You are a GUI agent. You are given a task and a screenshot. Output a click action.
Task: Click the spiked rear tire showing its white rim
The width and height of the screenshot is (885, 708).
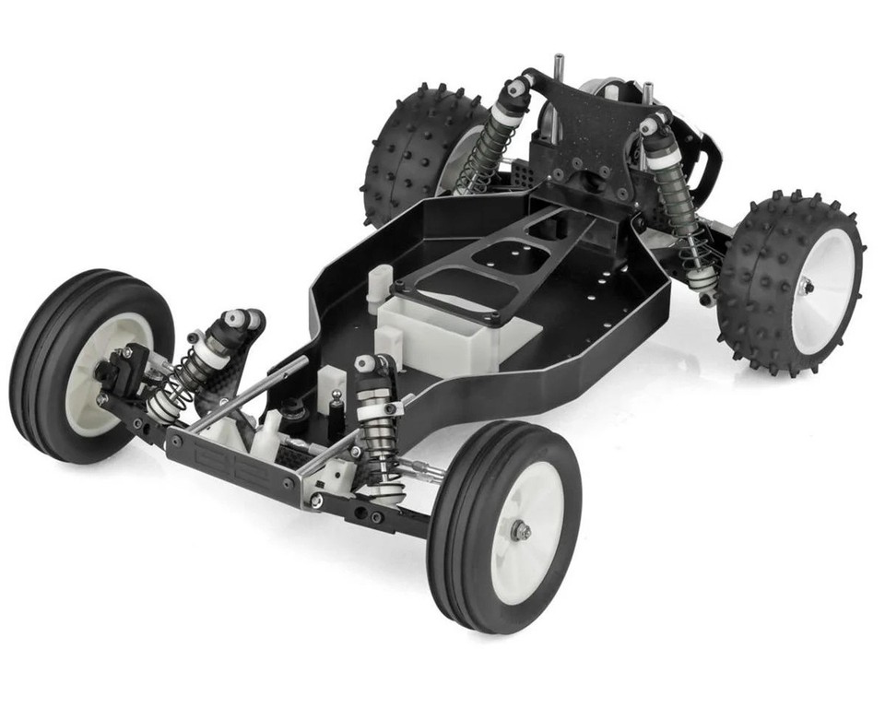pos(784,277)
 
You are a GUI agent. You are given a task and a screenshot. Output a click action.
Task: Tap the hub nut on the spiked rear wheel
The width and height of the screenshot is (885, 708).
pos(806,288)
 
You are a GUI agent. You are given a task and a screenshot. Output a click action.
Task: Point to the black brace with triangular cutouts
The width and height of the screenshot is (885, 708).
pos(498,267)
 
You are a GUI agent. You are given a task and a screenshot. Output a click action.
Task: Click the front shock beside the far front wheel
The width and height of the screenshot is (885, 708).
pos(198,364)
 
